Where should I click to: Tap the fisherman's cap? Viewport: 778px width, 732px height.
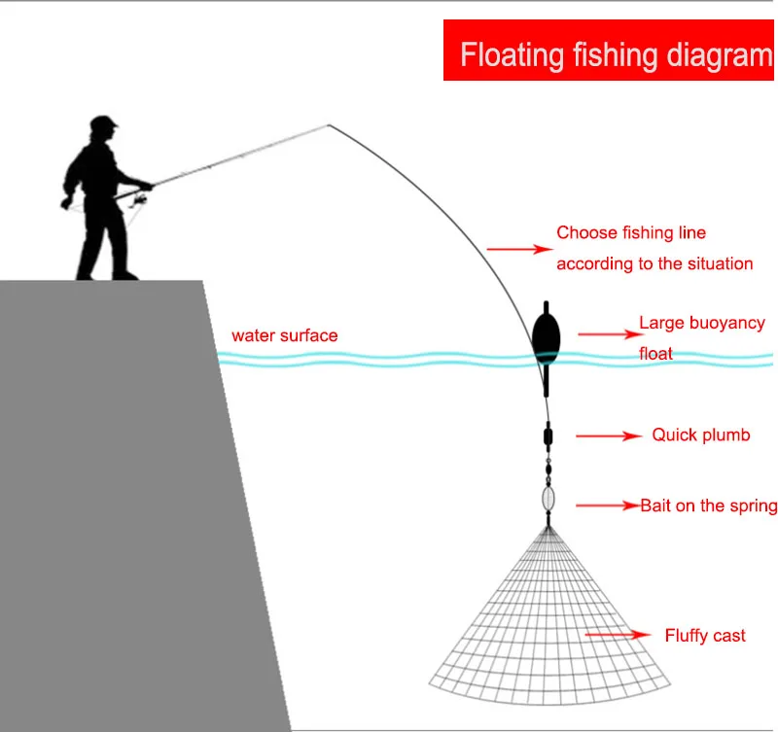tap(103, 124)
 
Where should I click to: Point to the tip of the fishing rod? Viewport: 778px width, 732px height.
tap(329, 125)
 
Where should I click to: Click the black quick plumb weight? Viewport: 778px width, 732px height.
tap(548, 435)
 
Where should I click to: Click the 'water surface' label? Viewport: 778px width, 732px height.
tap(285, 335)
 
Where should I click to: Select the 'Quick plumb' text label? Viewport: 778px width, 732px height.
tap(701, 436)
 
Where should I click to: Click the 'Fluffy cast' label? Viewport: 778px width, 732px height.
tap(705, 636)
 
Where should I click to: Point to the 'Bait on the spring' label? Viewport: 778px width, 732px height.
tap(708, 505)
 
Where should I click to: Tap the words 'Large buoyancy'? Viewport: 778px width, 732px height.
tap(701, 323)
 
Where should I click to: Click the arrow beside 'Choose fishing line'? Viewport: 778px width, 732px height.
tap(518, 250)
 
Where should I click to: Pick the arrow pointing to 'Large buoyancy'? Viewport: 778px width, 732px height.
tap(603, 333)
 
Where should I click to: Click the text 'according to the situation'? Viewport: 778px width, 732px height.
tap(654, 263)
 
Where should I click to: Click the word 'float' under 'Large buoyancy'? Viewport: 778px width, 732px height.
tap(655, 354)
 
